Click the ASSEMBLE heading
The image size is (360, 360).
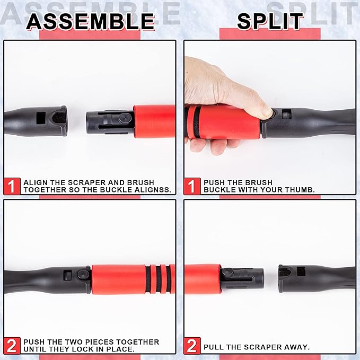coord(90,21)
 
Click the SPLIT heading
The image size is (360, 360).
coord(270,21)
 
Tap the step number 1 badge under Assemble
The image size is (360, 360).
coord(12,186)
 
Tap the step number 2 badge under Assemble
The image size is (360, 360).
coord(12,346)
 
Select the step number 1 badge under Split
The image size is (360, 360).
coord(192,186)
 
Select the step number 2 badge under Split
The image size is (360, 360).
coord(192,346)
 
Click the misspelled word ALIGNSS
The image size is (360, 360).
coord(153,190)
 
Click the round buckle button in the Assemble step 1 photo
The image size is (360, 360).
coord(125,118)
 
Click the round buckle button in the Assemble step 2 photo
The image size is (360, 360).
coord(83,274)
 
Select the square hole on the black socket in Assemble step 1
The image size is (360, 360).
coord(41,117)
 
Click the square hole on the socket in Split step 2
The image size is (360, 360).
coord(301,271)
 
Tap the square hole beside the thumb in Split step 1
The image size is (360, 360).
coord(286,113)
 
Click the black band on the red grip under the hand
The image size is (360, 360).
coord(197,122)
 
